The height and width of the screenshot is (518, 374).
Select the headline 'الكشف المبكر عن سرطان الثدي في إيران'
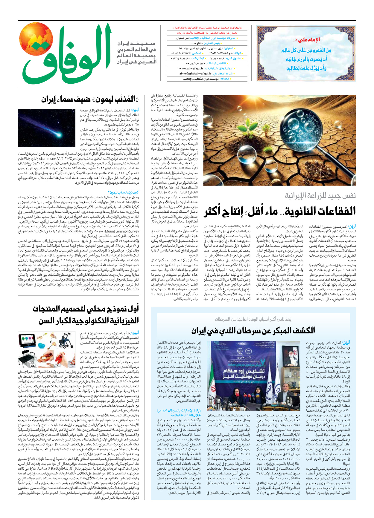(x=253, y=330)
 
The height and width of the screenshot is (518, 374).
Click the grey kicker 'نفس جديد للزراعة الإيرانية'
(x=320, y=196)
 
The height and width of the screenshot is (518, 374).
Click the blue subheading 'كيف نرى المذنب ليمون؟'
(x=123, y=192)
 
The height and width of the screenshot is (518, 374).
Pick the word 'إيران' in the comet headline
(x=49, y=100)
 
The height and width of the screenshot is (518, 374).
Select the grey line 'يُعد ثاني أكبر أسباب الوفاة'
(x=253, y=319)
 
